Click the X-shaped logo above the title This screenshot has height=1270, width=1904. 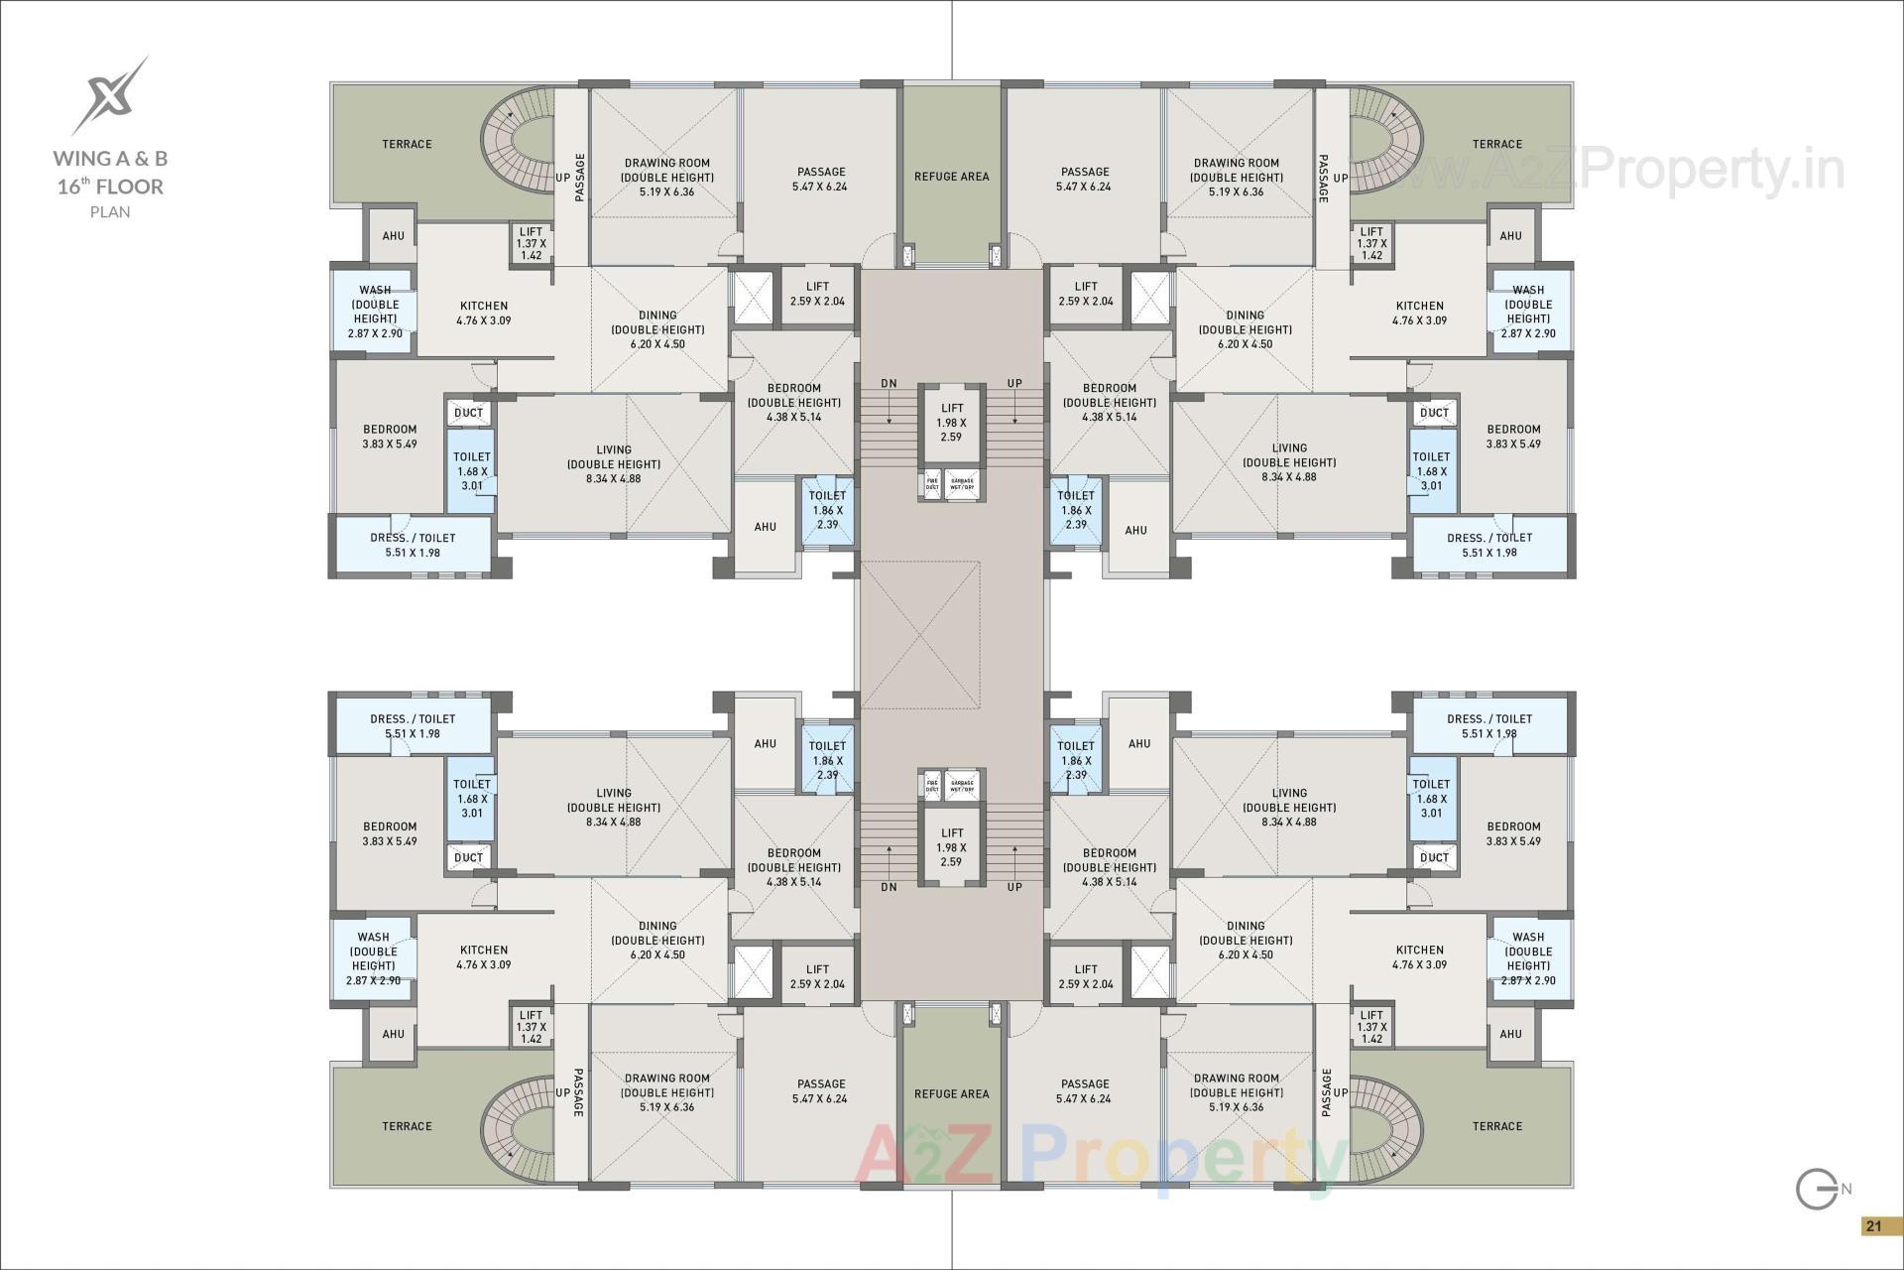pyautogui.click(x=109, y=95)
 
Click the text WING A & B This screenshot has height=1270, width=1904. pyautogui.click(x=110, y=158)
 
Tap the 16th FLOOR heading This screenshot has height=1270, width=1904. pyautogui.click(x=110, y=187)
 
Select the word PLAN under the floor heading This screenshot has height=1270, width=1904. pyautogui.click(x=110, y=211)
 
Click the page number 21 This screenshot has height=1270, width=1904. pyautogui.click(x=1873, y=1226)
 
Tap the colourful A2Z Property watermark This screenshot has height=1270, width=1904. pyautogui.click(x=1101, y=1156)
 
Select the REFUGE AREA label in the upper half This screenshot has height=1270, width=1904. pyautogui.click(x=951, y=177)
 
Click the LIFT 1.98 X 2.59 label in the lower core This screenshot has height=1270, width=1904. pyautogui.click(x=951, y=847)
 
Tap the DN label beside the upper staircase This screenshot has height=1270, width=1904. pyautogui.click(x=889, y=384)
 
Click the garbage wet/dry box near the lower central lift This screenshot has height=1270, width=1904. pyautogui.click(x=962, y=785)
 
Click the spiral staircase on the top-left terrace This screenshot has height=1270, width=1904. pyautogui.click(x=516, y=149)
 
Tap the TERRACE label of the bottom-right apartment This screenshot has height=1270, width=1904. pyautogui.click(x=1496, y=1126)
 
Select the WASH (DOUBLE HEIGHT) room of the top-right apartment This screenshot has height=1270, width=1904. pyautogui.click(x=1528, y=312)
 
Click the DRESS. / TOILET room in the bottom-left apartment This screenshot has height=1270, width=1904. pyautogui.click(x=413, y=726)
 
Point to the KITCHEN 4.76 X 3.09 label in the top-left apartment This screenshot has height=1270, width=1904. pyautogui.click(x=484, y=313)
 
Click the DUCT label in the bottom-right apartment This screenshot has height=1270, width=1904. pyautogui.click(x=1434, y=857)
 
